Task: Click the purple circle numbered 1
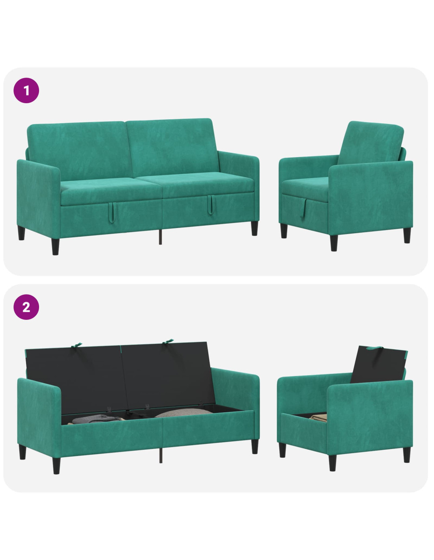click(x=26, y=91)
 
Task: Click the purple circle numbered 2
click(x=26, y=307)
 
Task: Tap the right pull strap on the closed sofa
click(x=210, y=205)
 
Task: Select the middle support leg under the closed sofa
click(x=160, y=237)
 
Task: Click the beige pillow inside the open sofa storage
click(x=184, y=413)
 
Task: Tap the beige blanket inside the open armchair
click(x=318, y=417)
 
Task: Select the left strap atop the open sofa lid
click(x=77, y=345)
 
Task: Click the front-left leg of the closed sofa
click(x=55, y=247)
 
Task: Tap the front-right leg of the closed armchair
click(x=334, y=243)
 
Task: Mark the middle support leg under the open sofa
click(x=161, y=456)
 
